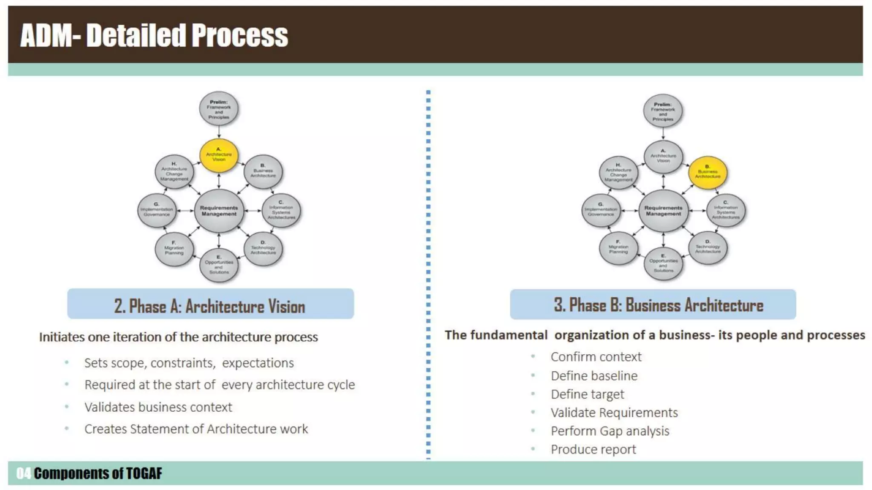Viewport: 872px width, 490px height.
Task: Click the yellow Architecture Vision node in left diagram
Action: point(219,155)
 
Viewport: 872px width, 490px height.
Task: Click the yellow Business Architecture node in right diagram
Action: point(708,172)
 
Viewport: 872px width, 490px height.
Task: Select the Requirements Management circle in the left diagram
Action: point(219,211)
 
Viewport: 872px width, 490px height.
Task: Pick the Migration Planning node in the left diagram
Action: point(174,249)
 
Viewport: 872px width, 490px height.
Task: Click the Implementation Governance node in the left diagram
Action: point(157,211)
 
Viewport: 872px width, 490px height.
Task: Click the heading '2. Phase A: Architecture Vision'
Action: point(210,306)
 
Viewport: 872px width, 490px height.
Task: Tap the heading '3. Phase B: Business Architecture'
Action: point(658,305)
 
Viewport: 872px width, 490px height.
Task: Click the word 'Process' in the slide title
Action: point(240,36)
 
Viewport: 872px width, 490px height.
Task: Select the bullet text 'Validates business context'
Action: point(158,407)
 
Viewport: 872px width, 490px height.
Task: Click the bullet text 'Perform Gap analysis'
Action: point(610,431)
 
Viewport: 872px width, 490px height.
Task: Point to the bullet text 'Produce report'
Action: point(593,449)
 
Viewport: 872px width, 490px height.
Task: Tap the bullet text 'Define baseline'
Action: point(594,376)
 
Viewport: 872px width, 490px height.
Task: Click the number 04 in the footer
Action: point(23,473)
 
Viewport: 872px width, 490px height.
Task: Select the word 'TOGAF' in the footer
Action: point(144,473)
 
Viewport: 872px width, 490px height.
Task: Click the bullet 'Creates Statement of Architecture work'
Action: point(196,429)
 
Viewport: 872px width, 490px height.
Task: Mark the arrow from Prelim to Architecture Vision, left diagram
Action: point(219,132)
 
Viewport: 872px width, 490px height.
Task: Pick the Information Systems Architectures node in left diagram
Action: point(281,211)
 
